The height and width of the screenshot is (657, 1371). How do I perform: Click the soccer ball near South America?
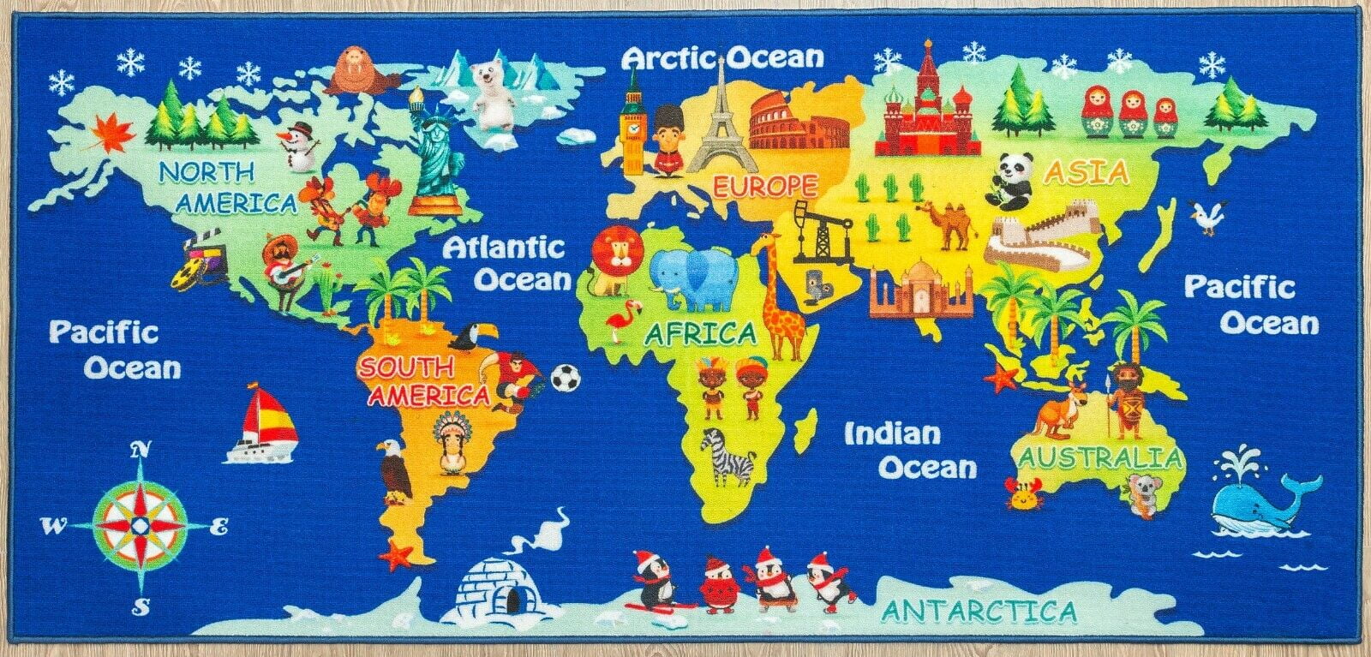[x=565, y=378]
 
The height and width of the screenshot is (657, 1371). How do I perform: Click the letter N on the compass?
[x=141, y=450]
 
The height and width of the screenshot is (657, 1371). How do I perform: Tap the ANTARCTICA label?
[x=979, y=612]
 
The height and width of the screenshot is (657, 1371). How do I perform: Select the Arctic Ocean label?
[x=722, y=57]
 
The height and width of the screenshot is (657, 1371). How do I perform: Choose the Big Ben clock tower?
[x=633, y=124]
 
